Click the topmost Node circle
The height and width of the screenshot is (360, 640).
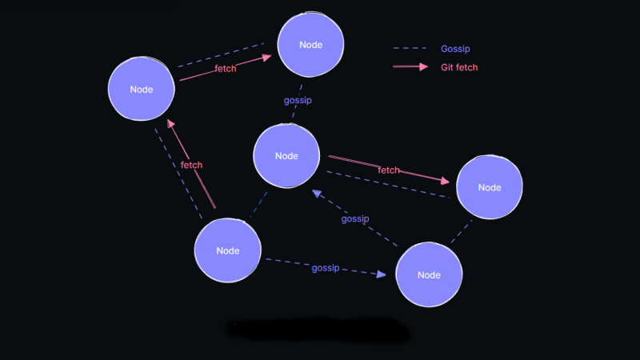point(310,45)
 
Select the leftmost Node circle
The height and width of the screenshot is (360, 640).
point(142,89)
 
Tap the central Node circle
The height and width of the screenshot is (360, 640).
point(286,156)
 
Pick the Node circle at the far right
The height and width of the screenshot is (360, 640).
point(490,187)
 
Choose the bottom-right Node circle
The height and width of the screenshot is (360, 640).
point(429,274)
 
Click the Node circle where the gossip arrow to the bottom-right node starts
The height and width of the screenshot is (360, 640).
point(228,250)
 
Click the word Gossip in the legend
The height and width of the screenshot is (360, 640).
point(455,49)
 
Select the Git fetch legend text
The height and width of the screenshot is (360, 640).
point(459,67)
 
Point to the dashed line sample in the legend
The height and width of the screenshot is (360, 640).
point(410,48)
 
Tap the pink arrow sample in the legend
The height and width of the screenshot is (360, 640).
point(410,66)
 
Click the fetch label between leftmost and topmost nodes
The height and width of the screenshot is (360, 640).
point(226,69)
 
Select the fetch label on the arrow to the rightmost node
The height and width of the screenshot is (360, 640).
point(389,170)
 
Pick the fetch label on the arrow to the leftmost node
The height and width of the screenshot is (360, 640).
point(191,165)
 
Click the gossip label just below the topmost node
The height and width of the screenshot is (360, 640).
point(298,101)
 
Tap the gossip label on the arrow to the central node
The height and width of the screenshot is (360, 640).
point(355,219)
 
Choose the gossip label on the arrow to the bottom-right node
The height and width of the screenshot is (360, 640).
point(326,268)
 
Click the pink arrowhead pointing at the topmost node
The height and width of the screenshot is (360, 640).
point(267,58)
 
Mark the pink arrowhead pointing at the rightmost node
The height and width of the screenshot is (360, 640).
point(446,181)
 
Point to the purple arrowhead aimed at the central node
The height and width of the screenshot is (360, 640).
point(317,194)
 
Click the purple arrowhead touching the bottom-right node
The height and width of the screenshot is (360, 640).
point(382,274)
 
